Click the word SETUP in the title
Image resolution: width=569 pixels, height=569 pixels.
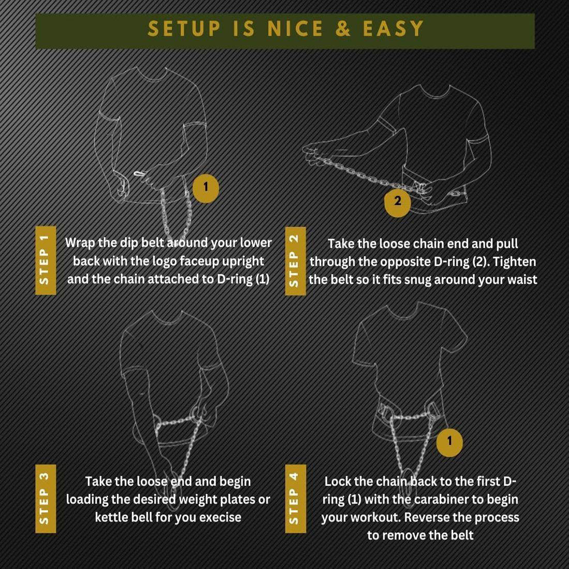184,28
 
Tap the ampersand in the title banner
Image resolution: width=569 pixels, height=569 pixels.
343,28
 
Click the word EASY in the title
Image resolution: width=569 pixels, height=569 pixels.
393,28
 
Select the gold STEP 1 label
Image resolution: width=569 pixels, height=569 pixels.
46,260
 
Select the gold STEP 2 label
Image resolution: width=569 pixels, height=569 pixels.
295,261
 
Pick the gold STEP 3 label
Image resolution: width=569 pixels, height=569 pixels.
46,498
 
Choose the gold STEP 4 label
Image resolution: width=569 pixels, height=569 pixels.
295,498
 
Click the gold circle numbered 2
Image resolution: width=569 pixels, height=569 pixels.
398,201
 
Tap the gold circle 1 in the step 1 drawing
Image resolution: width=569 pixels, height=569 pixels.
206,187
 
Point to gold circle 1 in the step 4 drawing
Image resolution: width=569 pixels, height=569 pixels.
450,441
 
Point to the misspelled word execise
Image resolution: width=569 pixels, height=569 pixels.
220,517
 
